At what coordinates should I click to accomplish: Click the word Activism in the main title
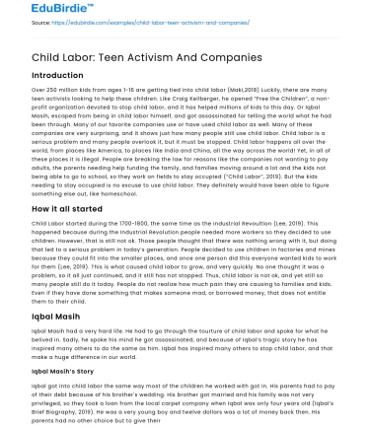click(169, 58)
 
